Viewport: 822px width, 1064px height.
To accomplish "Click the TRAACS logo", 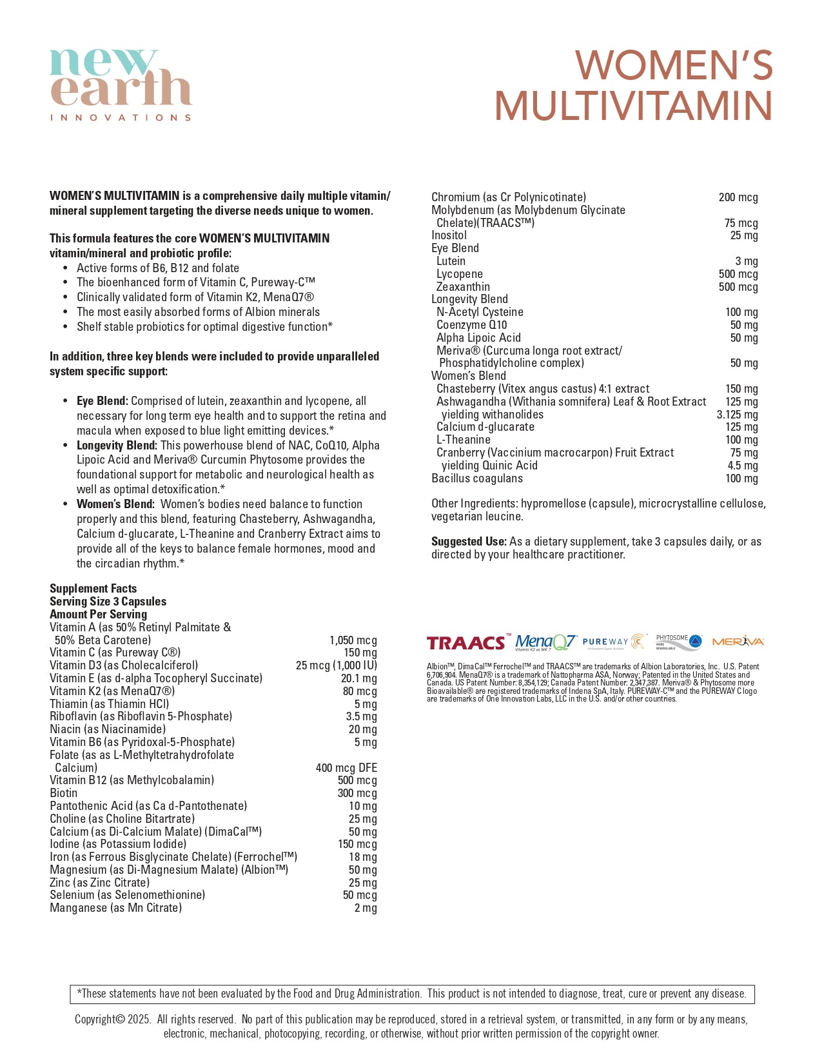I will [467, 642].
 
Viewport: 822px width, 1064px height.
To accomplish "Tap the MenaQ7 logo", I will [545, 642].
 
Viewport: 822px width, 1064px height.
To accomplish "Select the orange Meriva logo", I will [738, 641].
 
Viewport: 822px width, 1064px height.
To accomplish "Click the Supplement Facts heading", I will [93, 588].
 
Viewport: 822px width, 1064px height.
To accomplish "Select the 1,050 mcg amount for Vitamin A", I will [353, 640].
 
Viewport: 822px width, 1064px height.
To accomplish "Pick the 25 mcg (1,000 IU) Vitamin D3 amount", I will [336, 665].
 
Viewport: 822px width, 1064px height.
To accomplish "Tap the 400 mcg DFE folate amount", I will [346, 767].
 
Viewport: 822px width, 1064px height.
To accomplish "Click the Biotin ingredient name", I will [63, 793].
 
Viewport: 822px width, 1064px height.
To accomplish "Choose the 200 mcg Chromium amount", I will [738, 197].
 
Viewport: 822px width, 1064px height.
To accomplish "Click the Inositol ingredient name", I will [449, 235].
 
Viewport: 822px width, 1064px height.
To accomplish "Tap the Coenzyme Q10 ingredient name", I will [472, 325].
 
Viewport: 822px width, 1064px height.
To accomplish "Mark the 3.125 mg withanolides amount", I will [737, 414].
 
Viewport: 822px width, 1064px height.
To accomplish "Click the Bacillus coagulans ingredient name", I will [477, 478].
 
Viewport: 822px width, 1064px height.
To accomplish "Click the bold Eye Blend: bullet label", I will [103, 401].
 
